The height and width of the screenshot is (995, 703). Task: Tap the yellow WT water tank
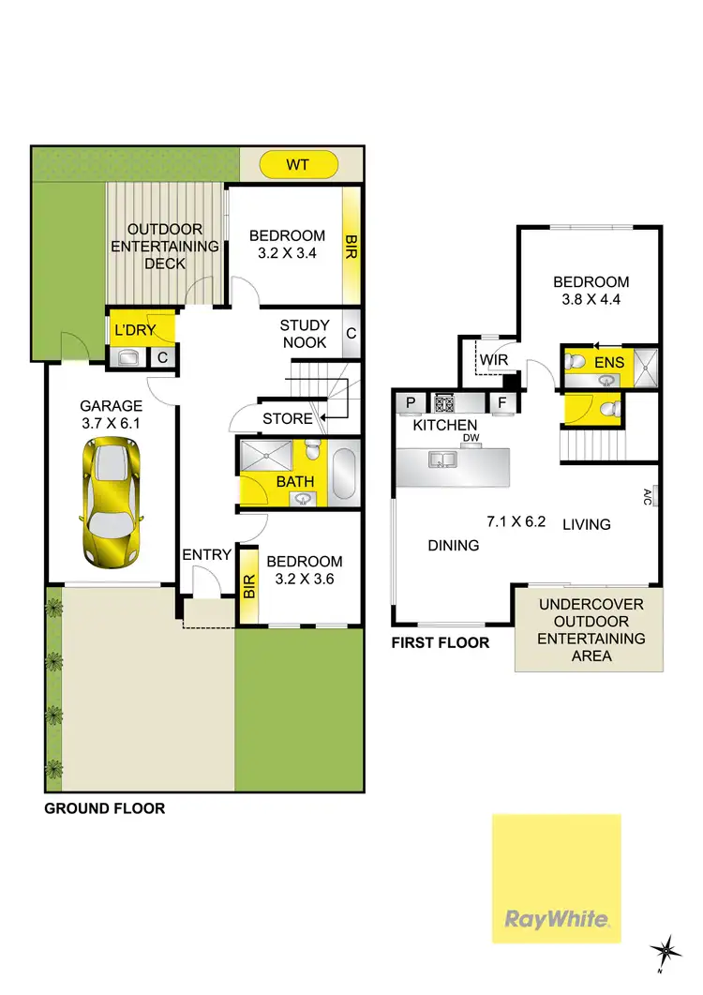point(297,166)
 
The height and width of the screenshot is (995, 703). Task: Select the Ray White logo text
point(557,919)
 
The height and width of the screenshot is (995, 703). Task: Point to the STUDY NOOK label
point(303,334)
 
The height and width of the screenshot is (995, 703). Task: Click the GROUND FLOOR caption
point(105,807)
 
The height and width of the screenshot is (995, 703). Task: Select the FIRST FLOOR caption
point(441,642)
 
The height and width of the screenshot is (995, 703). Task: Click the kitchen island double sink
point(439,460)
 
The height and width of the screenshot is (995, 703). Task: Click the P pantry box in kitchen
point(411,404)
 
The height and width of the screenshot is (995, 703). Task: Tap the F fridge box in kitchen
point(501,404)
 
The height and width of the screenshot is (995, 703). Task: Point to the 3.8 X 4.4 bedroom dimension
point(591,301)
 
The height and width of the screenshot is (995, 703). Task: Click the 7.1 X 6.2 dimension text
point(516,522)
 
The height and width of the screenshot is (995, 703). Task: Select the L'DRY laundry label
point(133,331)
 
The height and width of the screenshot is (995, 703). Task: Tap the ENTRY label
point(206,555)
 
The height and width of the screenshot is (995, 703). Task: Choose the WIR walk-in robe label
point(493,360)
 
